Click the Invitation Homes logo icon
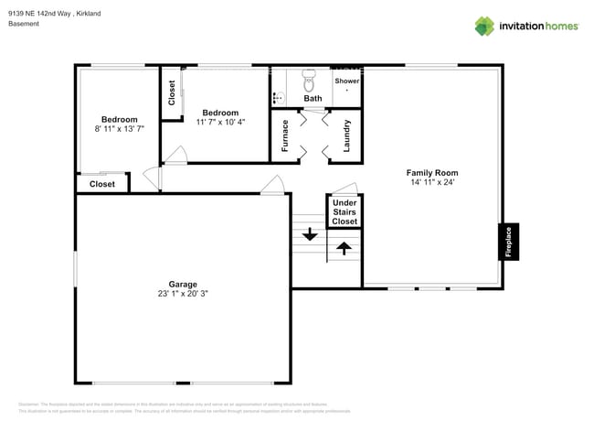484,26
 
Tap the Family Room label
432,172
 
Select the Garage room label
183,284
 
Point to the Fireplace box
509,242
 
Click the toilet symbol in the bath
308,77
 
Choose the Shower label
346,81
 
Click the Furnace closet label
285,135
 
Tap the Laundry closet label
346,135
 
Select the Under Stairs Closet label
345,211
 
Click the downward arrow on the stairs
310,233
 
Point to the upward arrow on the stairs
345,246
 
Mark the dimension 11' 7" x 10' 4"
220,122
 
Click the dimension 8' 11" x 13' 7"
120,129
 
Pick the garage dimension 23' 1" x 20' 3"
183,294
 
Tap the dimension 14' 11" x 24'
432,182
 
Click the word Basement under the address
24,24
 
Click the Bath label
313,98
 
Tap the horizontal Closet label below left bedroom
102,184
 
